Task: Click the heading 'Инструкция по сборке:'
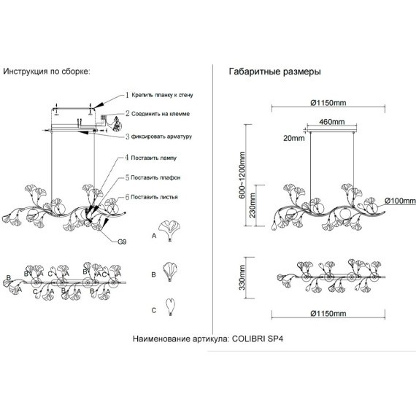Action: point(47,72)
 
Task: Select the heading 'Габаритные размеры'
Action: point(275,72)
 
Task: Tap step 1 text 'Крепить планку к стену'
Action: point(162,95)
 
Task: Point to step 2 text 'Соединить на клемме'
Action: point(161,114)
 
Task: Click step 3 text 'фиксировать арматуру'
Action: point(161,136)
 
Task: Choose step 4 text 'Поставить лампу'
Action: point(153,158)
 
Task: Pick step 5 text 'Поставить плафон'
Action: point(155,177)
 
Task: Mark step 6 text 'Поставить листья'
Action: point(154,197)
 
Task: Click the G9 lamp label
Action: point(122,242)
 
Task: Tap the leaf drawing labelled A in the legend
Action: point(169,231)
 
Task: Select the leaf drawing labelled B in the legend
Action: point(170,271)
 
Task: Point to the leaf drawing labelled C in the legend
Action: point(170,307)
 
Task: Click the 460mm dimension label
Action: point(331,122)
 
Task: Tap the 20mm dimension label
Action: point(293,138)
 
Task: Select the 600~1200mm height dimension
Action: point(242,175)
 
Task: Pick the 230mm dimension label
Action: point(253,205)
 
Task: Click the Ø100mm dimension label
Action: point(400,201)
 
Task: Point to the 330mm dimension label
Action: point(242,277)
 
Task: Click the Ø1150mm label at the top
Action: point(328,103)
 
